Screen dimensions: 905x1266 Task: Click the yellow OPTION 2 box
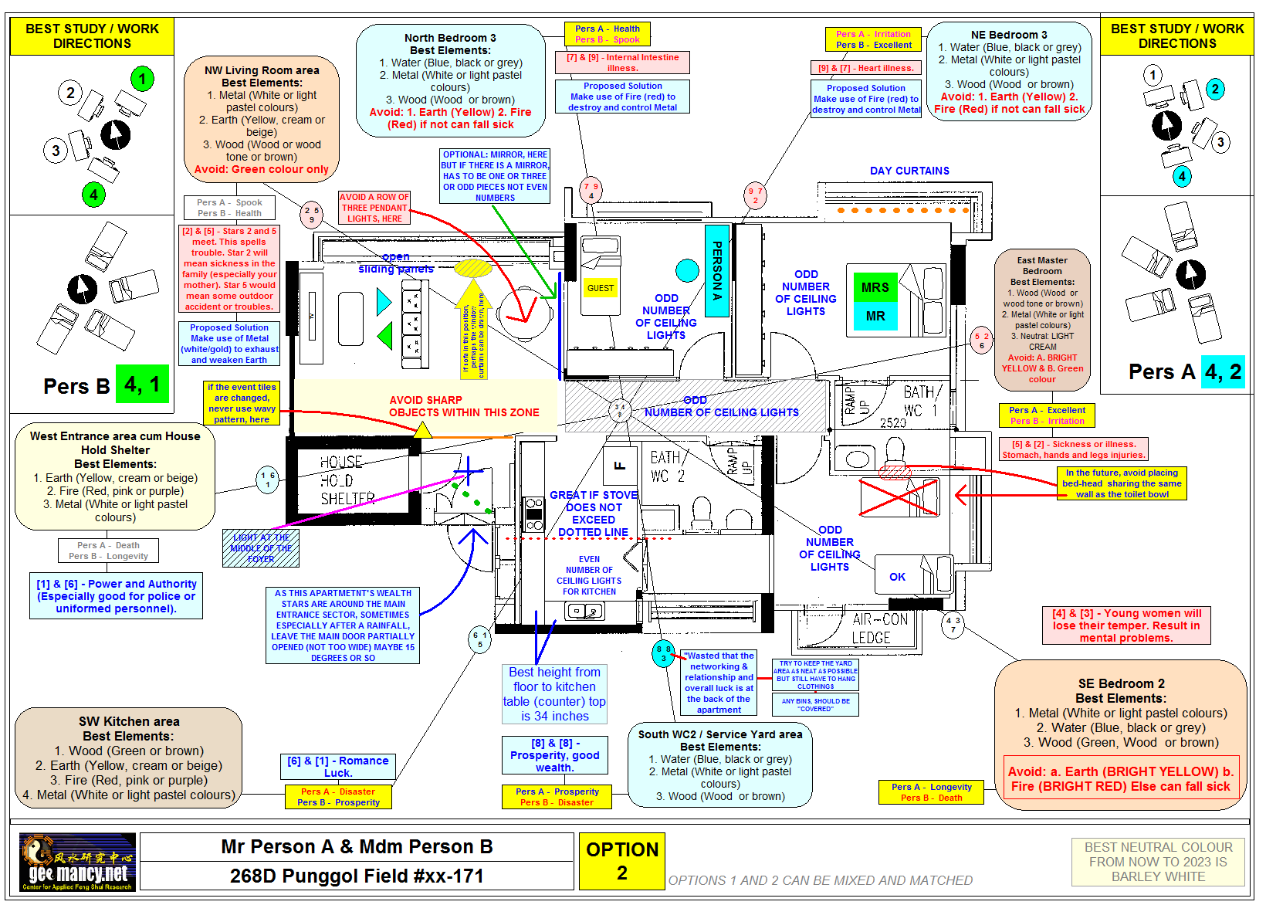point(621,861)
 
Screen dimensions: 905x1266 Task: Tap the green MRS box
point(875,287)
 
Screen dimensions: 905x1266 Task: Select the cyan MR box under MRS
point(875,316)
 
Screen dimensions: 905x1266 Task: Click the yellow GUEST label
point(600,288)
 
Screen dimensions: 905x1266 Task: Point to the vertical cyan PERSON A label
point(716,270)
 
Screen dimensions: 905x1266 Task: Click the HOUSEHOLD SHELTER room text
point(347,480)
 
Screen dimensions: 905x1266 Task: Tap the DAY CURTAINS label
point(909,171)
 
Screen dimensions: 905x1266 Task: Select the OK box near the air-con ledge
point(897,577)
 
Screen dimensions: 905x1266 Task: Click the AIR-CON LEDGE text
point(880,629)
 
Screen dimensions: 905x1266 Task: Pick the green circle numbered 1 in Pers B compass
point(142,79)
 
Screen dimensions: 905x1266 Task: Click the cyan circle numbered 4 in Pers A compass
point(1181,176)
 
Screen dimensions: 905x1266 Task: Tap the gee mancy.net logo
point(77,862)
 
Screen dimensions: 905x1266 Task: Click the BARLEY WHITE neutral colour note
point(1158,862)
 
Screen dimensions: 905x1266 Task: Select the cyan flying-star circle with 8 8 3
point(663,653)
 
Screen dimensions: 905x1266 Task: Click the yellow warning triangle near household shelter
point(422,430)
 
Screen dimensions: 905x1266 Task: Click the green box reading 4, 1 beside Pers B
point(142,384)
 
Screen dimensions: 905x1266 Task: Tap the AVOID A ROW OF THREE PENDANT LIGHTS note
point(374,208)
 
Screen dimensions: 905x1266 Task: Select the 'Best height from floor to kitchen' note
point(554,694)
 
